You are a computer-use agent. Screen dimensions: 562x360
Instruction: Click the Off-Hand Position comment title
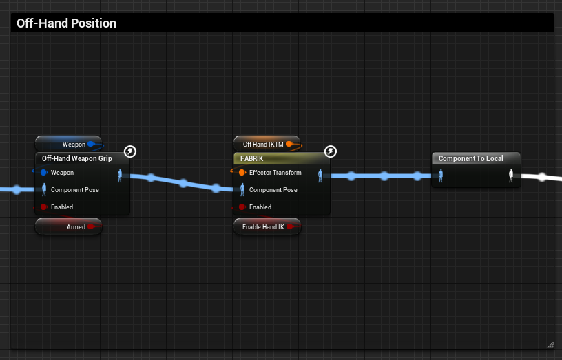point(67,23)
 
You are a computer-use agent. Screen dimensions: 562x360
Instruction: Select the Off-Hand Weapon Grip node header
point(77,158)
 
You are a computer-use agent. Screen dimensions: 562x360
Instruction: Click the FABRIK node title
point(252,158)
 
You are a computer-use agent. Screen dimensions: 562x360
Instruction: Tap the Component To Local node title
point(471,158)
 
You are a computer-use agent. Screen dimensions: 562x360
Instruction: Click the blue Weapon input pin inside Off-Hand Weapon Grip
point(44,173)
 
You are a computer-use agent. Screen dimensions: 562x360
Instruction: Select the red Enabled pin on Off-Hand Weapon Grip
point(44,207)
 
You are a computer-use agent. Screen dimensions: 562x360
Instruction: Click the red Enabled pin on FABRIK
point(242,207)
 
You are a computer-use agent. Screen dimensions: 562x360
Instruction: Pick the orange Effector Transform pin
point(242,173)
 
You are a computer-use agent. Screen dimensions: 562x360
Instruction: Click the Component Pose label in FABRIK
point(273,190)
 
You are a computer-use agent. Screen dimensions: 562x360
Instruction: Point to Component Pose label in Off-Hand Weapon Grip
point(75,190)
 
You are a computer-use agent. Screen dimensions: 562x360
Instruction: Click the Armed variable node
point(69,226)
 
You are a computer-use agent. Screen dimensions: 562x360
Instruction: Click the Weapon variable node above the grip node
point(69,144)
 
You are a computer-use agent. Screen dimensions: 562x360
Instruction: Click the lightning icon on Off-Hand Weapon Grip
point(130,151)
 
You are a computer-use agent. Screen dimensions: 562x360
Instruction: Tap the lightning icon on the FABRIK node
point(331,151)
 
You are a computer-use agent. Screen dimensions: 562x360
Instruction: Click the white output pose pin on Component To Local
point(511,176)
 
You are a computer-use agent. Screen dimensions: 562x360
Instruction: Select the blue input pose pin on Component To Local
point(441,176)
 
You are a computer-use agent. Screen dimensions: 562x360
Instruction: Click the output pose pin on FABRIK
point(320,176)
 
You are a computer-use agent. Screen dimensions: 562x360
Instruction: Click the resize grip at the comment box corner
point(550,345)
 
